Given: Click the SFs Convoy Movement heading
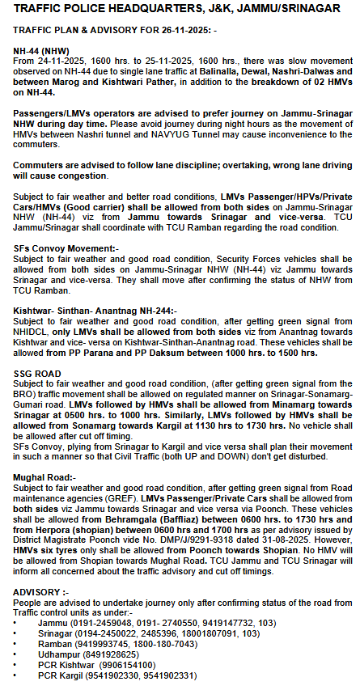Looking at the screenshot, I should coord(66,248).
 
